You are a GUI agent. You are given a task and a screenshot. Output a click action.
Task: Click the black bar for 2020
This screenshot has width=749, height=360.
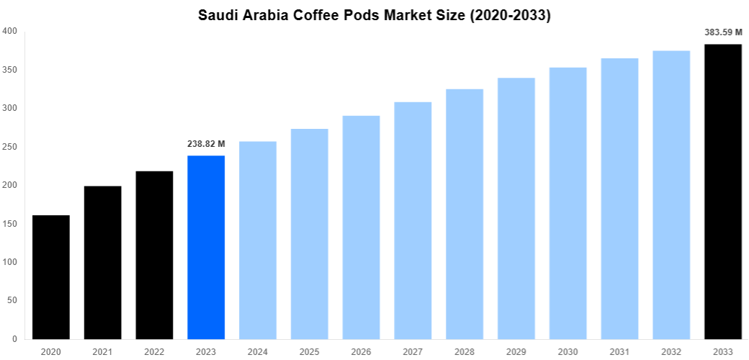[x=51, y=277]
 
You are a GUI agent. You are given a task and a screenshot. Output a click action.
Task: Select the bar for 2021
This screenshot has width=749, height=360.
[x=103, y=263]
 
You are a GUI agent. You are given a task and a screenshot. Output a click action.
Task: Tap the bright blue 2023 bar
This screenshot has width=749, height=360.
[x=206, y=247]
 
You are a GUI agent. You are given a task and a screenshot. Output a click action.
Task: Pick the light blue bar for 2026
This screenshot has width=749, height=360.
[x=361, y=227]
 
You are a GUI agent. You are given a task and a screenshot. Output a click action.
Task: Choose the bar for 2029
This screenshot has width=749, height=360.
[x=516, y=209]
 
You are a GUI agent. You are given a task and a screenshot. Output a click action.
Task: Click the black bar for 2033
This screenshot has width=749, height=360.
[x=723, y=192]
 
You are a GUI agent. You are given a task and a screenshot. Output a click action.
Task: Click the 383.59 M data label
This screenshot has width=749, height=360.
[x=723, y=32]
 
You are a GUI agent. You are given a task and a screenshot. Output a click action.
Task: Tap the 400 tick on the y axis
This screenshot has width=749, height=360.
[x=10, y=31]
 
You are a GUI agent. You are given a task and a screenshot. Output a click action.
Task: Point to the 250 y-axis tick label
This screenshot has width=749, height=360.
[x=10, y=147]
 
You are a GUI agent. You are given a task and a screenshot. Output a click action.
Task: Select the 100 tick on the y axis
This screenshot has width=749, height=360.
[x=10, y=262]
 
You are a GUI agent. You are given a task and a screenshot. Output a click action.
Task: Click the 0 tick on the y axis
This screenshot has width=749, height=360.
[x=14, y=339]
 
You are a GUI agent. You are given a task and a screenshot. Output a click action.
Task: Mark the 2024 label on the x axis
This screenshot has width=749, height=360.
[x=258, y=351]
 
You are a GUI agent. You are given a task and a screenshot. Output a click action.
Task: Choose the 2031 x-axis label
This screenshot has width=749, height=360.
[x=619, y=351]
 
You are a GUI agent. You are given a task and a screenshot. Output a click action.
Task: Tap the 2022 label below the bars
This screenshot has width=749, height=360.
[x=154, y=351]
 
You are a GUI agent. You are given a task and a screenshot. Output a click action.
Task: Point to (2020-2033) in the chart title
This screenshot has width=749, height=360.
[x=510, y=15]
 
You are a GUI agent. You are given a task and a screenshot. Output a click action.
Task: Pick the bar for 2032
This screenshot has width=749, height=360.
[x=671, y=194]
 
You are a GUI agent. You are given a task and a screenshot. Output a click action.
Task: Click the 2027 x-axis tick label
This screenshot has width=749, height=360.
[x=413, y=351]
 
